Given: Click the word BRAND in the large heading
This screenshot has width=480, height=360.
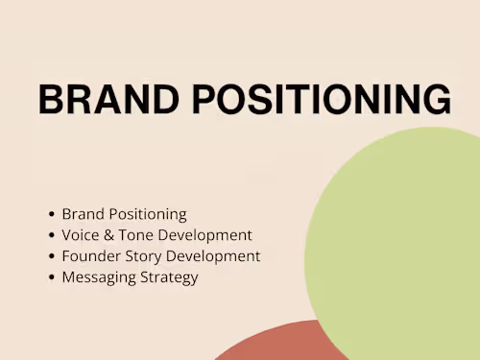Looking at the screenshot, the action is (x=108, y=99).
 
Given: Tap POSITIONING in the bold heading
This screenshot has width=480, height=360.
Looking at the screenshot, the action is (x=322, y=99).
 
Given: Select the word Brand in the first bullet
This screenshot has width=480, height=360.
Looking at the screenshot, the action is (x=84, y=214).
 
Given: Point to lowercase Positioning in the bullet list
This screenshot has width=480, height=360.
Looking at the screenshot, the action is (x=148, y=214).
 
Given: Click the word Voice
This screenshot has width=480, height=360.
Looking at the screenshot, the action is (x=81, y=235).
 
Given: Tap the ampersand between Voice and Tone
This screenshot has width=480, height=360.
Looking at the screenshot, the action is (x=108, y=235).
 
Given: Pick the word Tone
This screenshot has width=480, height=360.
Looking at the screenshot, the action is (x=136, y=235).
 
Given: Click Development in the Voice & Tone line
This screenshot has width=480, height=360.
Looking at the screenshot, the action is (x=205, y=236).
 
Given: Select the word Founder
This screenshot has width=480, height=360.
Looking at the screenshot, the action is (x=91, y=256).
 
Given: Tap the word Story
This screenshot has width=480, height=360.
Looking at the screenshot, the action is (x=143, y=257).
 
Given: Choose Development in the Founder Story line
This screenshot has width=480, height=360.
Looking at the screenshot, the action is (x=213, y=256).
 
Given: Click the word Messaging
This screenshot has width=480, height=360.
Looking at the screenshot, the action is (x=99, y=277).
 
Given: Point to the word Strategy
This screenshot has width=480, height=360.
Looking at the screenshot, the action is (x=169, y=277).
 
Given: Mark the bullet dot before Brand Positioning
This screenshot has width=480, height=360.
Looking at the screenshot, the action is (x=52, y=214).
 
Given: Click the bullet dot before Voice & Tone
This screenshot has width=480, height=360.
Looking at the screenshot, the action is (x=52, y=235).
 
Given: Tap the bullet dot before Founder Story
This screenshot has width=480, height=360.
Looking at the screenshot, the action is (x=52, y=256).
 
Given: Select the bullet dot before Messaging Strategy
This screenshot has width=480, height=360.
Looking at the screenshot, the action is (x=52, y=277).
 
